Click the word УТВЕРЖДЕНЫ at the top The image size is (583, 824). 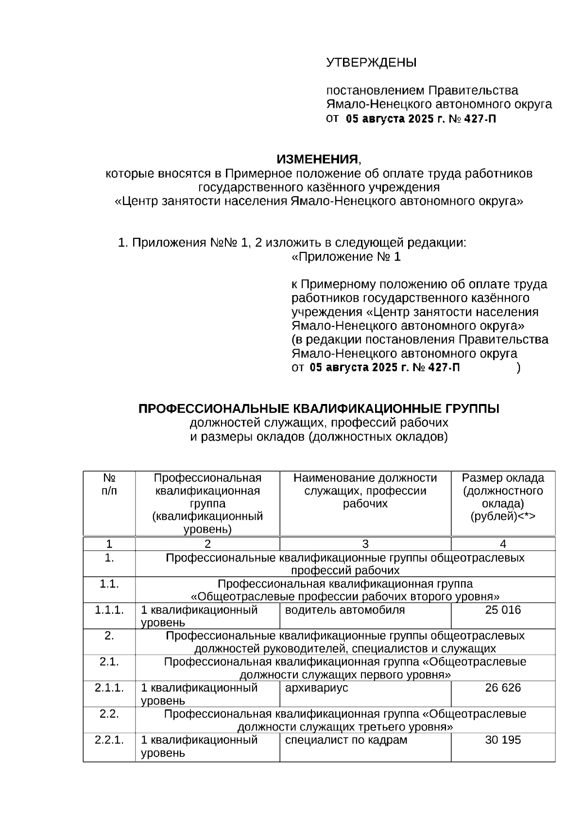(x=371, y=63)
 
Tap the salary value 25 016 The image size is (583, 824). (x=503, y=610)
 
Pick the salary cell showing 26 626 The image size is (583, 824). (x=503, y=688)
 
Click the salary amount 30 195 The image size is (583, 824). (x=503, y=740)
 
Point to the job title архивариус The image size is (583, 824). (x=316, y=688)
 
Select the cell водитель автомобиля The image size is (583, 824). (x=344, y=610)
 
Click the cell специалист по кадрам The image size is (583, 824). (x=346, y=740)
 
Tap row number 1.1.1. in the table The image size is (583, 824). (x=109, y=610)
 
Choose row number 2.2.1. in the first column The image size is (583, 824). (x=109, y=740)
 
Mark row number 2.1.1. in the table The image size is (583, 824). (x=109, y=688)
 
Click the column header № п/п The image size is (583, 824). (x=109, y=484)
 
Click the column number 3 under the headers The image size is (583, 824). (x=365, y=544)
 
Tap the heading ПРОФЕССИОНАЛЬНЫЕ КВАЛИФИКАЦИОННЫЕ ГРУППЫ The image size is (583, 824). (x=319, y=409)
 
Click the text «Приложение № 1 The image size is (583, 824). (x=346, y=257)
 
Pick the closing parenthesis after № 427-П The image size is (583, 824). (x=519, y=368)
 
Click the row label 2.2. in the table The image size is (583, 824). (x=109, y=714)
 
